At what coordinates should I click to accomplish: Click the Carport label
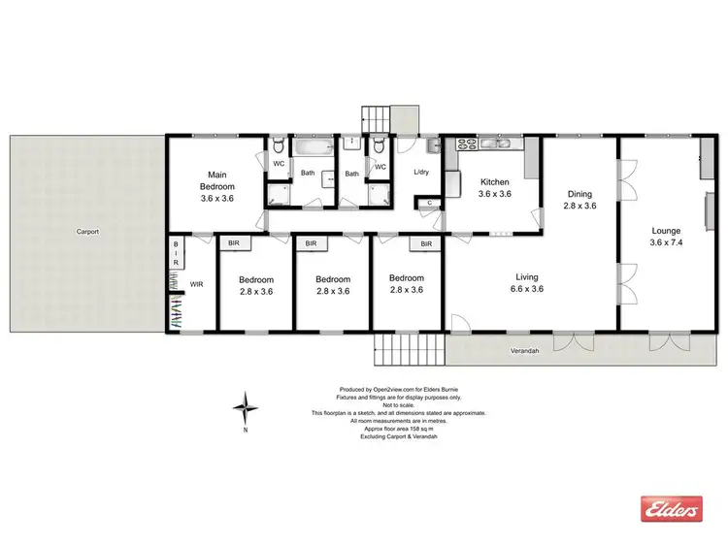click(x=89, y=232)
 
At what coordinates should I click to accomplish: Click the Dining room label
click(x=579, y=199)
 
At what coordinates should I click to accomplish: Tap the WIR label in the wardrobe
click(x=196, y=284)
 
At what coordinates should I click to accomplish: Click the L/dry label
click(x=420, y=173)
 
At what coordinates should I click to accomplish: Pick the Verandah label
click(x=525, y=350)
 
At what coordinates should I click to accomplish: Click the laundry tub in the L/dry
click(x=433, y=145)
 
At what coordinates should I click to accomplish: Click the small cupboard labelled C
click(x=430, y=203)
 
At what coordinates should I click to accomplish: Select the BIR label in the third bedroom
click(x=426, y=244)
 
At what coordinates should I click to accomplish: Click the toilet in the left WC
click(x=278, y=146)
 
